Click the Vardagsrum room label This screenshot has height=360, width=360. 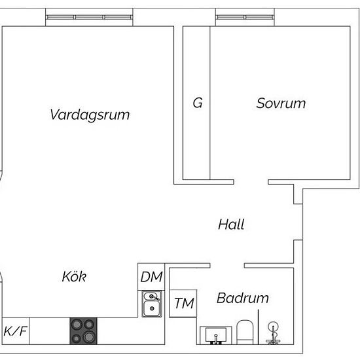coord(90,115)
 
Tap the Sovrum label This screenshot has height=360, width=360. coord(281,103)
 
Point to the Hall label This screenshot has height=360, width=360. coord(231,225)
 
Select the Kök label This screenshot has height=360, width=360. coord(74,276)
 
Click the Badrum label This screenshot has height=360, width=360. coord(243,298)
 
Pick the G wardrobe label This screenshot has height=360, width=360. coord(198,103)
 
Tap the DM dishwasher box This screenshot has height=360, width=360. coord(151,277)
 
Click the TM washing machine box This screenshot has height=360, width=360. coord(183,304)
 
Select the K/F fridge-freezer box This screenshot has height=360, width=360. coord(16,331)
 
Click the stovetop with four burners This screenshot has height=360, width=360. coord(83,331)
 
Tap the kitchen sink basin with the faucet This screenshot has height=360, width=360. coord(152,304)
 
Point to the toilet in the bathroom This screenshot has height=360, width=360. coord(245,333)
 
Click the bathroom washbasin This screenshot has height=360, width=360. coord(216,335)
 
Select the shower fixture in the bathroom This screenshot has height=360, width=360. coord(273,333)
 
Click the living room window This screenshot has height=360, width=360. coord(89,17)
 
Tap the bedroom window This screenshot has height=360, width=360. coord(245,17)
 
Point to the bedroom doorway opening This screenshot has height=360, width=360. coord(251,182)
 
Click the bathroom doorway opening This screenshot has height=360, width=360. coord(227,266)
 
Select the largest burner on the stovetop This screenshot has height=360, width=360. coord(89,337)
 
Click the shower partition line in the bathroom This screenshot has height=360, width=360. coord(259,327)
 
